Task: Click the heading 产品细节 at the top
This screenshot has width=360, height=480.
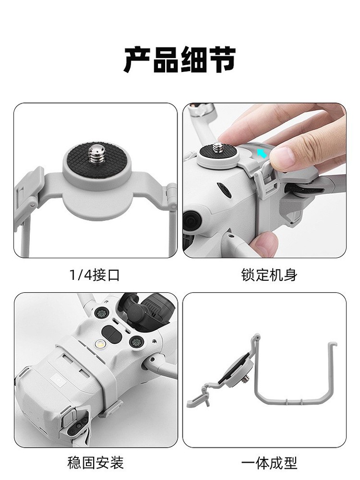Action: [x=180, y=60]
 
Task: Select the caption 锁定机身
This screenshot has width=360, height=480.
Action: [x=269, y=275]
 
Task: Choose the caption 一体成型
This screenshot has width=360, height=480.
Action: [x=269, y=462]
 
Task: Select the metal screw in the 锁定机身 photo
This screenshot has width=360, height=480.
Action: [x=221, y=144]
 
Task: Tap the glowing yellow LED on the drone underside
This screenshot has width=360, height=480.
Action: [x=99, y=345]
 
